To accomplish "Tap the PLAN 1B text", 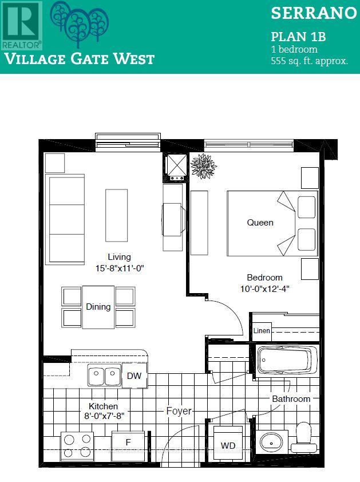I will point(298,37).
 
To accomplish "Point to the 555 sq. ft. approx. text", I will point(309,61).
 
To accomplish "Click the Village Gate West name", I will point(79,58).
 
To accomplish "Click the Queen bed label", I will point(260,222).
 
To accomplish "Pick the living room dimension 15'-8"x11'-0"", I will point(119,267).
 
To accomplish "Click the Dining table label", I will point(98,307).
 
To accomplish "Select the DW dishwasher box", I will point(134,376).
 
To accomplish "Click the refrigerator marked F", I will point(128,442).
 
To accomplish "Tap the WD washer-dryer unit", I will point(228,445).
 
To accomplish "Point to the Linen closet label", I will point(262,330).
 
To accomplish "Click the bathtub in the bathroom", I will point(287,361).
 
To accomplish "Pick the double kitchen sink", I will point(104,376).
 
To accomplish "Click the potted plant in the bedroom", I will point(204,165).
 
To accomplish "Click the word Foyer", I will point(179,411).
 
